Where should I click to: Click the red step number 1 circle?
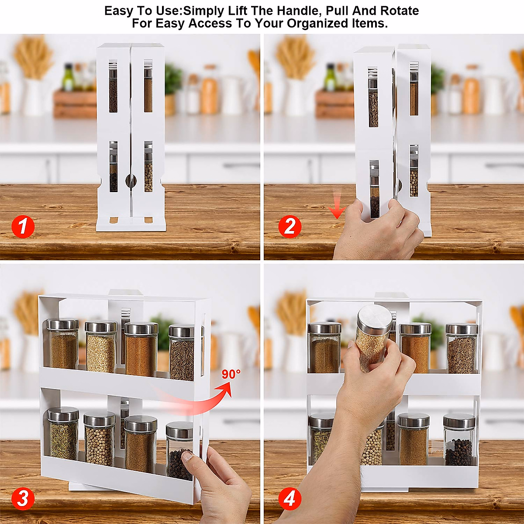[23, 227]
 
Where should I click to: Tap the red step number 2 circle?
[290, 227]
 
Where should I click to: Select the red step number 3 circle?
[23, 499]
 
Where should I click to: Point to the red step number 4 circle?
[290, 499]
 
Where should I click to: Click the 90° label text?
[231, 374]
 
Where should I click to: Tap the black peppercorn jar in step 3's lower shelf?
[179, 452]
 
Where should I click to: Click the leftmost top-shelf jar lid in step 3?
[63, 324]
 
